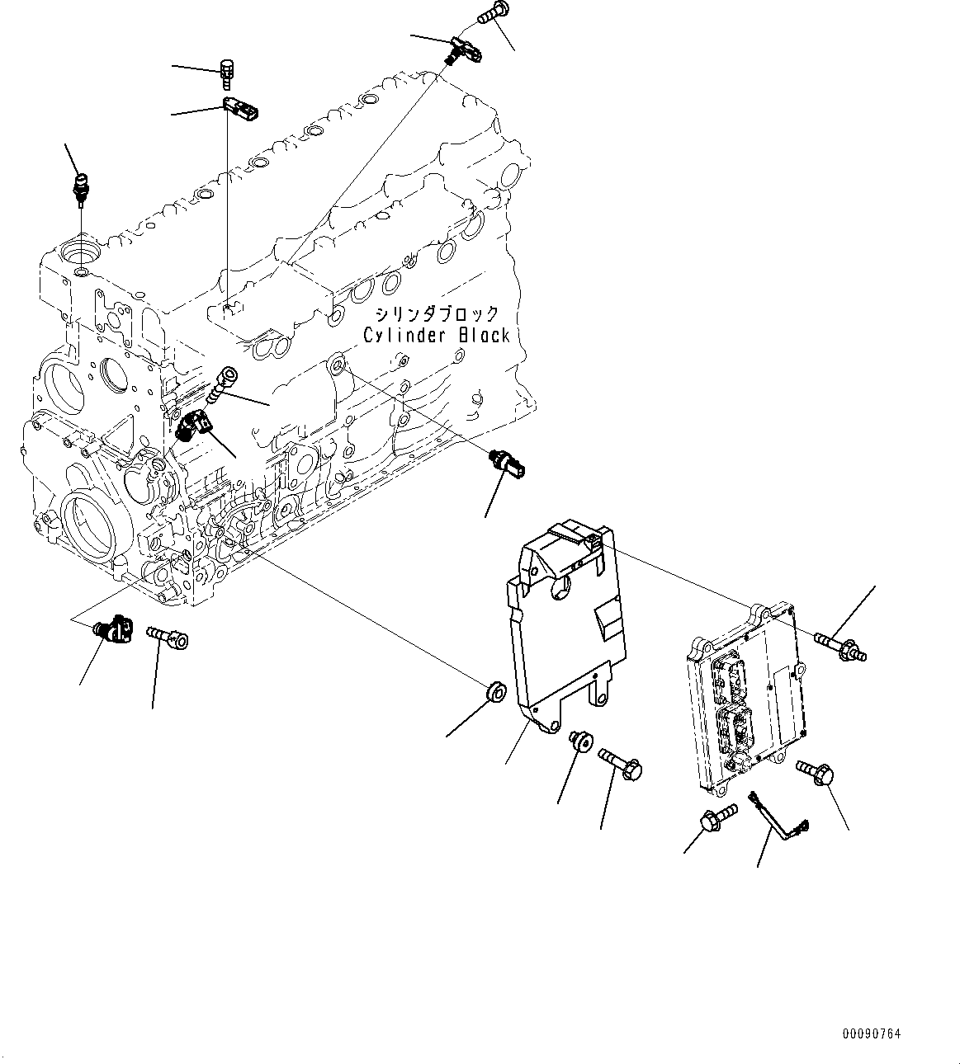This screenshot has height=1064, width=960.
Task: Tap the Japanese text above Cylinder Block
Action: point(437,314)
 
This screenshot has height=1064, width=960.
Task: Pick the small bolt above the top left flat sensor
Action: point(227,73)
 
